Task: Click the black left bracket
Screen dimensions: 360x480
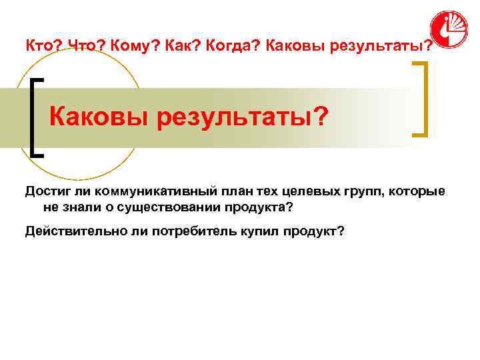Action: point(36,117)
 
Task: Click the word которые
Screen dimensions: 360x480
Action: point(416,192)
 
